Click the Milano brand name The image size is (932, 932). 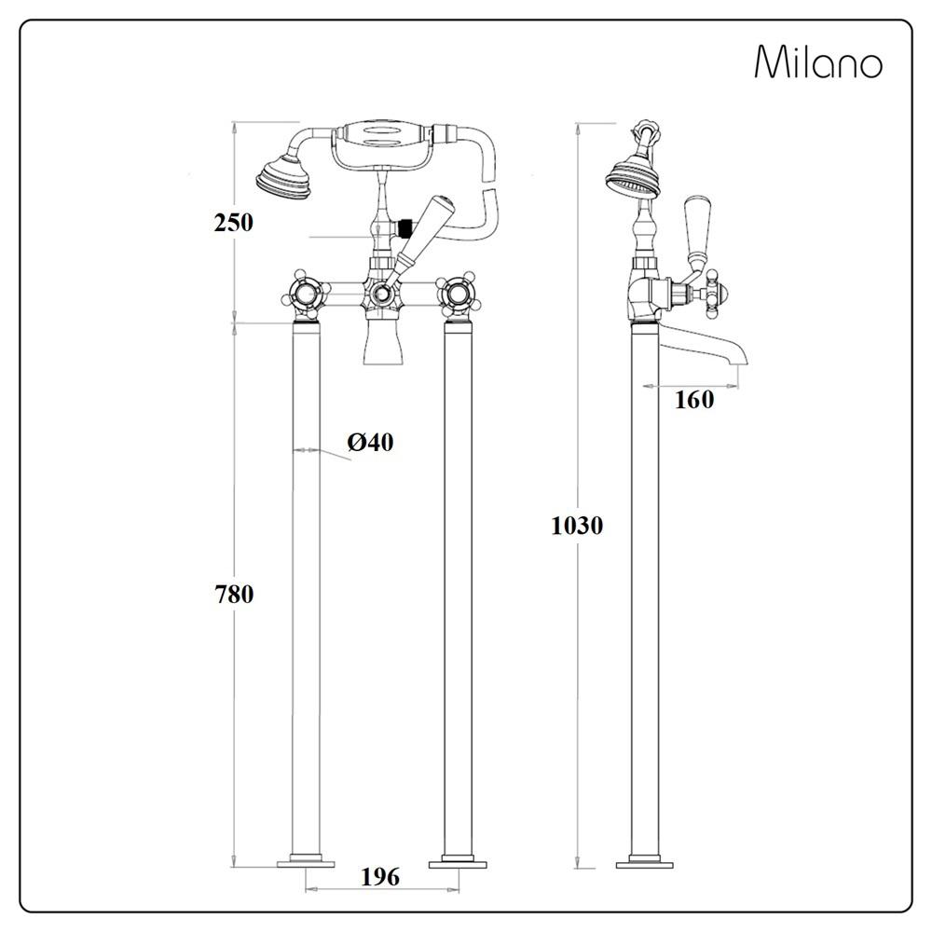(818, 62)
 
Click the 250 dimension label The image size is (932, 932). (234, 223)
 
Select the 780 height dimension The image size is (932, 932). (234, 594)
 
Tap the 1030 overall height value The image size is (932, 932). (577, 526)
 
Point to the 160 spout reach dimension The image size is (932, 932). (693, 400)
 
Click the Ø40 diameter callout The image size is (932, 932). (370, 442)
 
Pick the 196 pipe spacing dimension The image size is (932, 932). (380, 877)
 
